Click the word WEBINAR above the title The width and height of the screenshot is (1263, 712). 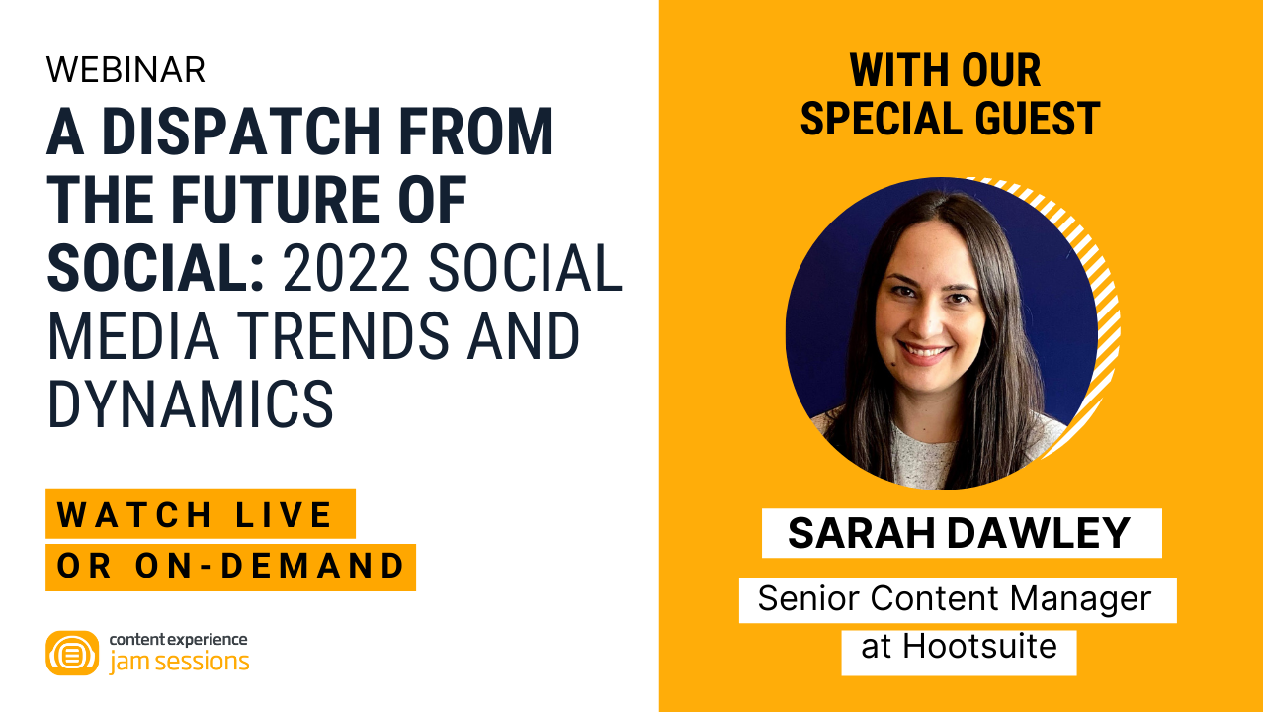coord(126,69)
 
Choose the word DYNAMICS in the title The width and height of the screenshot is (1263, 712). coord(190,403)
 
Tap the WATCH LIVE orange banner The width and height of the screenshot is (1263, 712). coord(199,514)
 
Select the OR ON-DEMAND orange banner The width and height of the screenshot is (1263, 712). coord(231,567)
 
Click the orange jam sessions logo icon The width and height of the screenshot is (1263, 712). coord(72,653)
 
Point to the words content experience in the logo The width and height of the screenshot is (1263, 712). coord(178,640)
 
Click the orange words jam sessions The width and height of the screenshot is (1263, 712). coord(179,662)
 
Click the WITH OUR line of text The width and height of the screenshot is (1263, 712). coord(946,71)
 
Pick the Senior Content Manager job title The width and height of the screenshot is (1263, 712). coord(955,599)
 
